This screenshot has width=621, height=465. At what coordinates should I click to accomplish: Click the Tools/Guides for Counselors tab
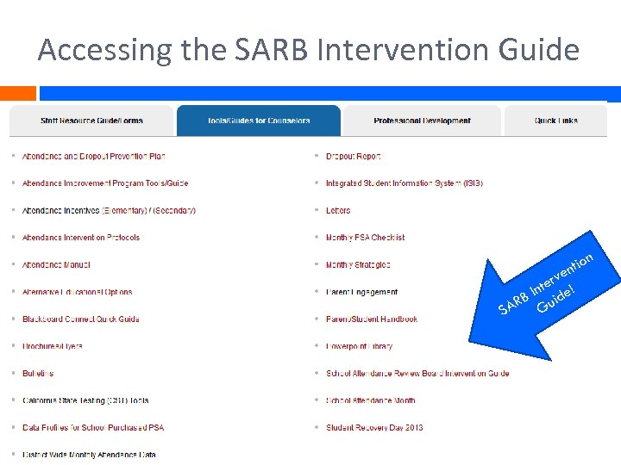point(259,121)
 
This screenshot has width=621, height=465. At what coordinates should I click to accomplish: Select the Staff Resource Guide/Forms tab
point(91,121)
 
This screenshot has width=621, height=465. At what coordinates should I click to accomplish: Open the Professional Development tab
point(422,121)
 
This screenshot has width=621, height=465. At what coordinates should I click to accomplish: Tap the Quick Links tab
point(555,121)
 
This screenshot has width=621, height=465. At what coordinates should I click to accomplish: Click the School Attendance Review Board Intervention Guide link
point(417,374)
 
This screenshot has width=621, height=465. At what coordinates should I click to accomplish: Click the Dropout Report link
point(353,157)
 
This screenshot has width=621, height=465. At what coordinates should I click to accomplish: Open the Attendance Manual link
point(56,265)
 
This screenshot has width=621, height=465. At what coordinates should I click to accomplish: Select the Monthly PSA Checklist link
point(365,238)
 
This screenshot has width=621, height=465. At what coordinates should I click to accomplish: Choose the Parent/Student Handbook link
point(371,319)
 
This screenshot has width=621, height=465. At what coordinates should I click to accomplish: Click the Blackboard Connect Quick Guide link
point(80,319)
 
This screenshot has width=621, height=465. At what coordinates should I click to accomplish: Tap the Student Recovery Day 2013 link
point(374,428)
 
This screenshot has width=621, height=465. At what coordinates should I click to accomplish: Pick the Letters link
point(338,211)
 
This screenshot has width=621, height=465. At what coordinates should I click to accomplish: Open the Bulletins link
point(38,374)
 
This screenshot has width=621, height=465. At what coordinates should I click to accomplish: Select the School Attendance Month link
point(370,400)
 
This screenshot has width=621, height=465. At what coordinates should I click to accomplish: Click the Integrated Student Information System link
point(404,183)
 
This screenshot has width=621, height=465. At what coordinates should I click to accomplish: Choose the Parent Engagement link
point(361,292)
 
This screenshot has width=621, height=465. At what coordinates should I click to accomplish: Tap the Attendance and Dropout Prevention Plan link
point(93,157)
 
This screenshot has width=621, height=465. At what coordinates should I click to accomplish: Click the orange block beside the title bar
point(17,93)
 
